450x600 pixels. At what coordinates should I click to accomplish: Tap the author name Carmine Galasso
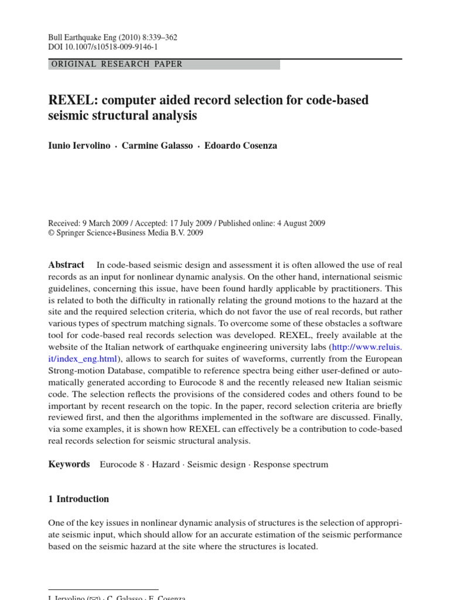tap(157, 146)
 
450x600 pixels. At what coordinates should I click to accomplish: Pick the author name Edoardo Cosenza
tap(241, 146)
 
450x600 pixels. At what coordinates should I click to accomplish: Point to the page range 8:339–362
tap(157, 37)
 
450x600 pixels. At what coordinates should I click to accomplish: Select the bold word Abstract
tap(66, 265)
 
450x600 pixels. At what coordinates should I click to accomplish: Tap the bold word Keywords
tap(69, 464)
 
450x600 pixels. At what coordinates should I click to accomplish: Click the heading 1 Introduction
tap(79, 499)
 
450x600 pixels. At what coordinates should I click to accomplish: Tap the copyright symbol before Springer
tap(51, 233)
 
